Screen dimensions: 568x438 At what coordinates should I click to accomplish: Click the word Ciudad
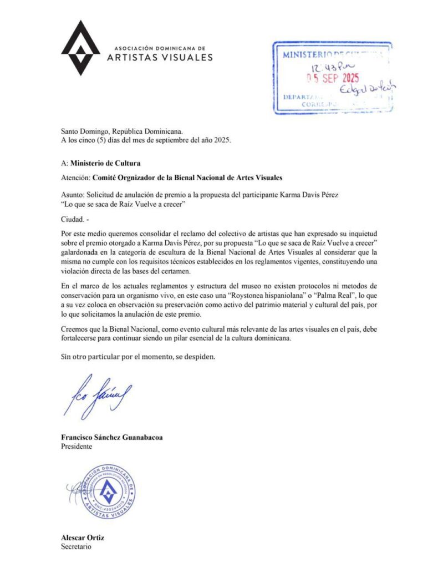coord(73,220)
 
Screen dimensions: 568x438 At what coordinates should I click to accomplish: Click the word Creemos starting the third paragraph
coord(77,329)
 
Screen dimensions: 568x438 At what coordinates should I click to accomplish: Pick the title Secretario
coord(75,546)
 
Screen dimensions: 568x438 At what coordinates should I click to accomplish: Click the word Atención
coord(75,178)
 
